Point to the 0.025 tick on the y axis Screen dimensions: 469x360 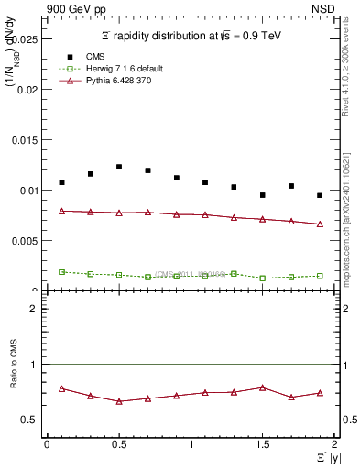27,40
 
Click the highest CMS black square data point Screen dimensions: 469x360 119,167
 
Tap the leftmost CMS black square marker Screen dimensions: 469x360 61,182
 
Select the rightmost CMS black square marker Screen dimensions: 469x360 320,195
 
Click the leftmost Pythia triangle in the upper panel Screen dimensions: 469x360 61,211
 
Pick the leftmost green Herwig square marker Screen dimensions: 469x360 61,271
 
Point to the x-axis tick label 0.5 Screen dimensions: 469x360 118,444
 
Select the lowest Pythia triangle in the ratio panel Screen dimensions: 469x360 119,401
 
